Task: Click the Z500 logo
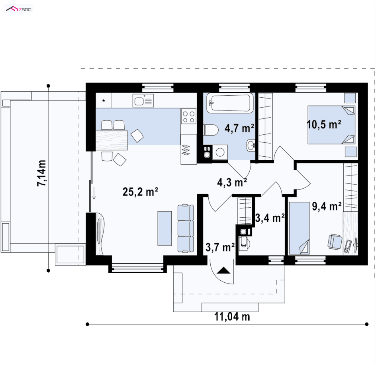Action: coord(19,9)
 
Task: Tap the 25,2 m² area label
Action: coord(140,192)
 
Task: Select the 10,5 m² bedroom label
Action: coord(324,124)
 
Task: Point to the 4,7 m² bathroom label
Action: coord(239,128)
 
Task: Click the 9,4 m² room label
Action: coord(327,206)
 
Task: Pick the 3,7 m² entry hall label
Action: coord(220,247)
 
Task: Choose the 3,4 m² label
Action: coord(270,218)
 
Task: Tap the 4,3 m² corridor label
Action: coord(232,182)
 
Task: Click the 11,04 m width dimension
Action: coord(232,317)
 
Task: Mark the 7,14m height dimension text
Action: coord(41,173)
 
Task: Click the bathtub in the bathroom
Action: coord(230,103)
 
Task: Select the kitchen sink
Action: coord(143,100)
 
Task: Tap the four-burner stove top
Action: coord(188,116)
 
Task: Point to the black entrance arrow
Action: coord(223,270)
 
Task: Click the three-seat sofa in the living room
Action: coord(185,228)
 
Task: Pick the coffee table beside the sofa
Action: coord(164,228)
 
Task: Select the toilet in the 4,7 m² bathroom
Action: coord(211,130)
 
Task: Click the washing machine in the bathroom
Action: coord(220,152)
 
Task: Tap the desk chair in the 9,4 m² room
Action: coord(335,241)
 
